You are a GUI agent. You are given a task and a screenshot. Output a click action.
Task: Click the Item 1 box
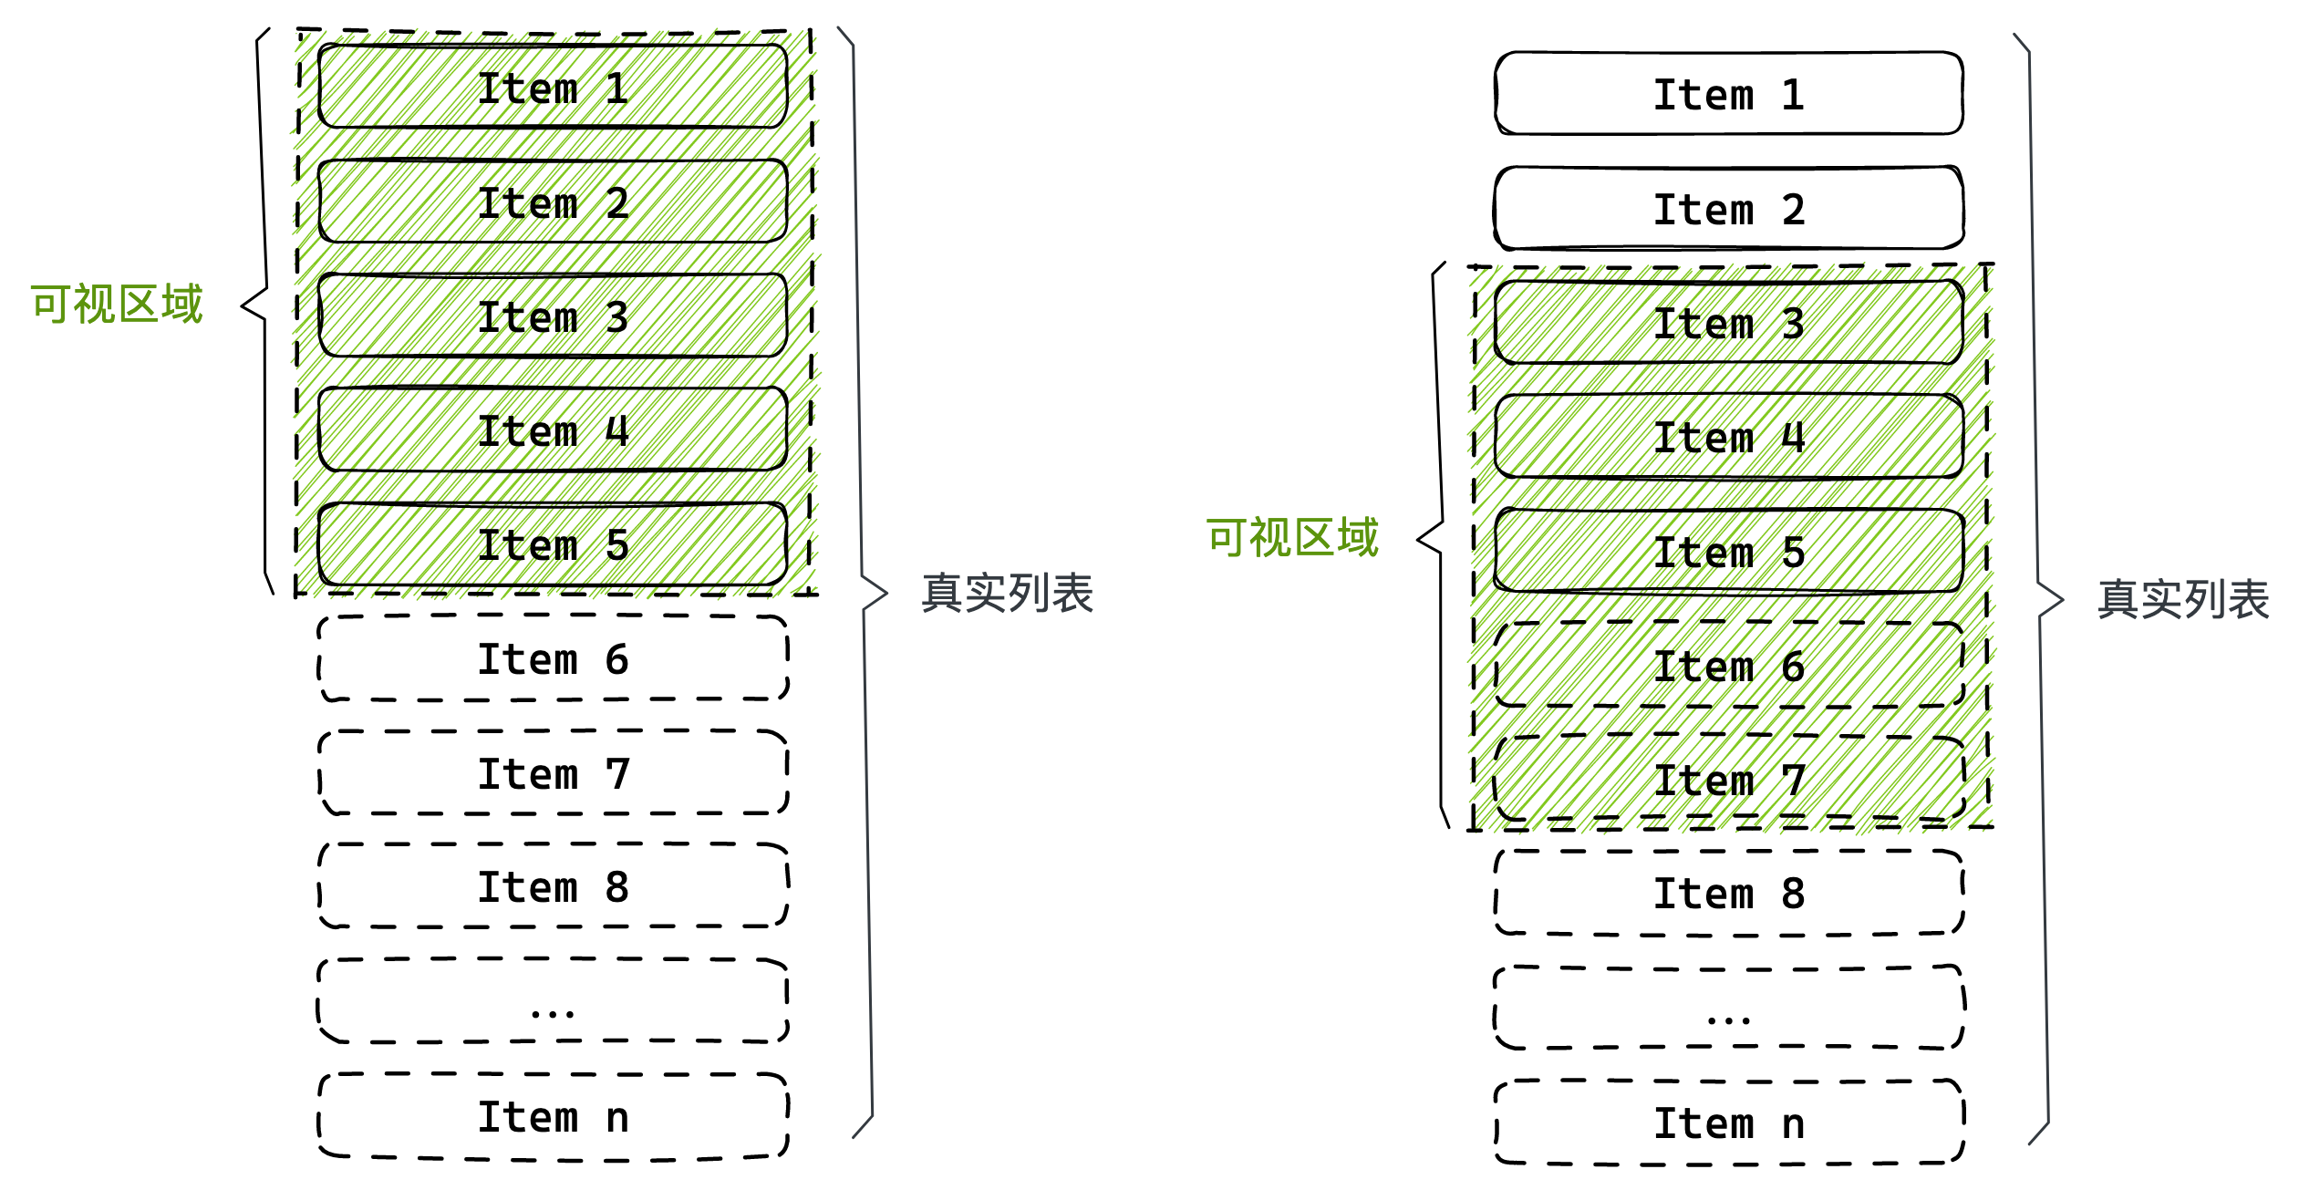553,87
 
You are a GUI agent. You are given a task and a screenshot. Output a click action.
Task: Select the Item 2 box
553,202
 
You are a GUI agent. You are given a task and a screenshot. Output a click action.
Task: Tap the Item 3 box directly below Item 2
553,316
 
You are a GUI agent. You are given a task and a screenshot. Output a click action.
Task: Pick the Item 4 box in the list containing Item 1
553,429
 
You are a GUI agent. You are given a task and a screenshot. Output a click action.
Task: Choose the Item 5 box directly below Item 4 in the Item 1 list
553,544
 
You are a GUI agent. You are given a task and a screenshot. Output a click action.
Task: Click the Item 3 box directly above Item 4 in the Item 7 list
1729,323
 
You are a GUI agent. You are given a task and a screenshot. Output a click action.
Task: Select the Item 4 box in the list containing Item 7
1729,437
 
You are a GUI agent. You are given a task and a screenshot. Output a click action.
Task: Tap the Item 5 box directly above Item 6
1729,551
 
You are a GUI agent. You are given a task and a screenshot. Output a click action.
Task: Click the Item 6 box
1729,666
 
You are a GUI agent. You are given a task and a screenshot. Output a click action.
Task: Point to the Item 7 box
1729,780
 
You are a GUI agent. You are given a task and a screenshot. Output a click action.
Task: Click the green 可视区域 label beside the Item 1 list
116,304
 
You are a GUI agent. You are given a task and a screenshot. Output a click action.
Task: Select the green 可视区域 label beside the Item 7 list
1292,537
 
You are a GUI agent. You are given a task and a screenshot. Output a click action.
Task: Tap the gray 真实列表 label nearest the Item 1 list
1007,593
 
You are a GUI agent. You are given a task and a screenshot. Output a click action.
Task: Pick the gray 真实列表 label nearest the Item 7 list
2183,600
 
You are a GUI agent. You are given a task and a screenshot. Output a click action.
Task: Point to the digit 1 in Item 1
617,88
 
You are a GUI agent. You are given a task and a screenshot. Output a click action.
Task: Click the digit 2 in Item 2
617,202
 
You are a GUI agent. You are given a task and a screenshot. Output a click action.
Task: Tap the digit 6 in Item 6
1794,667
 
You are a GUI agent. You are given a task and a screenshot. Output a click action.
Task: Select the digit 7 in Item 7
1794,780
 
